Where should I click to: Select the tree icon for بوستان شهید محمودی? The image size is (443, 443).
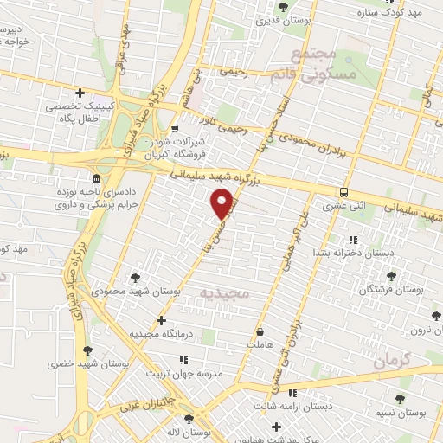pyautogui.click(x=135, y=278)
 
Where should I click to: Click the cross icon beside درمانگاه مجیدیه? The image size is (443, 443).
pyautogui.click(x=162, y=320)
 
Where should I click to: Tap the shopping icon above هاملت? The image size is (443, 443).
pyautogui.click(x=260, y=331)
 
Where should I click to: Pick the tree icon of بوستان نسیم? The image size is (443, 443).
pyautogui.click(x=400, y=399)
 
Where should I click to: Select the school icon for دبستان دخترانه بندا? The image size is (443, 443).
pyautogui.click(x=352, y=240)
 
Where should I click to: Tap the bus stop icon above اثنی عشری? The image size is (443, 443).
pyautogui.click(x=344, y=193)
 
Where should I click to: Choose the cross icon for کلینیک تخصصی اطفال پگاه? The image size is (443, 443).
pyautogui.click(x=80, y=93)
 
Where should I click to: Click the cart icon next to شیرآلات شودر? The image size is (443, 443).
pyautogui.click(x=177, y=128)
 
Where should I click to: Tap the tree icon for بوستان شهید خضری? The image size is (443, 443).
pyautogui.click(x=87, y=350)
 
